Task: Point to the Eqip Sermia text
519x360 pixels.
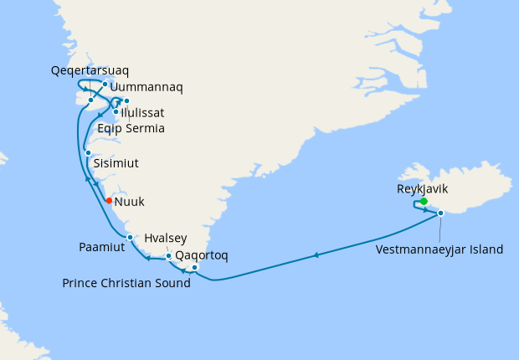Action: (131, 128)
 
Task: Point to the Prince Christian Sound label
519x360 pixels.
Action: (126, 283)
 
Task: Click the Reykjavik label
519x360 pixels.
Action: (423, 189)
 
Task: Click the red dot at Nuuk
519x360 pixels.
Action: (110, 201)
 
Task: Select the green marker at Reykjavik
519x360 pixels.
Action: (424, 201)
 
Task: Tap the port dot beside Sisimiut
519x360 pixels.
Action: (88, 152)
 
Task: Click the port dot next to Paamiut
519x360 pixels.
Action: (130, 238)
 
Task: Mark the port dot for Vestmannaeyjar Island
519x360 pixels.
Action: (440, 213)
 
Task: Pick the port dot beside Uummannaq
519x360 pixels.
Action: (105, 84)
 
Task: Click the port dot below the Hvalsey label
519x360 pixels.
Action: (169, 256)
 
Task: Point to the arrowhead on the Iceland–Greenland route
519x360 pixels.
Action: (316, 255)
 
